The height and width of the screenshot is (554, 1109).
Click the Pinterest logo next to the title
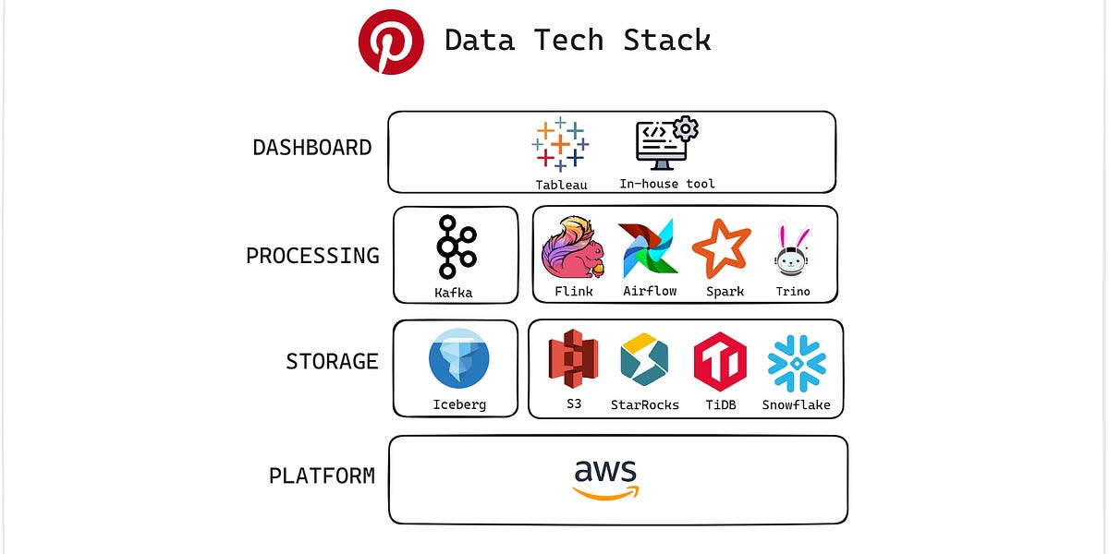pyautogui.click(x=391, y=42)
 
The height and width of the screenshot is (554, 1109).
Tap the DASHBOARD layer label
pyautogui.click(x=312, y=148)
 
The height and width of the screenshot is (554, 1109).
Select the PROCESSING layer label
pyautogui.click(x=312, y=256)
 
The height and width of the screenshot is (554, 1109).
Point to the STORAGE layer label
pyautogui.click(x=332, y=361)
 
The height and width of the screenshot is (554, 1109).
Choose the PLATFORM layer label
pyautogui.click(x=322, y=476)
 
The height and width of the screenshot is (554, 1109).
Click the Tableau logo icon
pyautogui.click(x=561, y=145)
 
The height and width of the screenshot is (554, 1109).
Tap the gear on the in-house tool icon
pyautogui.click(x=686, y=127)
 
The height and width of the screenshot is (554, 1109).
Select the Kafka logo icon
pyautogui.click(x=456, y=247)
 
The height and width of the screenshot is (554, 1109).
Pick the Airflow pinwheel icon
pyautogui.click(x=649, y=248)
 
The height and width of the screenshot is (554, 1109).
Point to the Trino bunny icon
pyautogui.click(x=792, y=250)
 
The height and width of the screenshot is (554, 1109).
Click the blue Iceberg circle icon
pyautogui.click(x=458, y=363)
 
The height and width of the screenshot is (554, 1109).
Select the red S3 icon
pyautogui.click(x=573, y=360)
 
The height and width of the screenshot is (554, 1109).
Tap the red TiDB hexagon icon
pyautogui.click(x=720, y=361)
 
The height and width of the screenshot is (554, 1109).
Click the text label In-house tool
pyautogui.click(x=666, y=184)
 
